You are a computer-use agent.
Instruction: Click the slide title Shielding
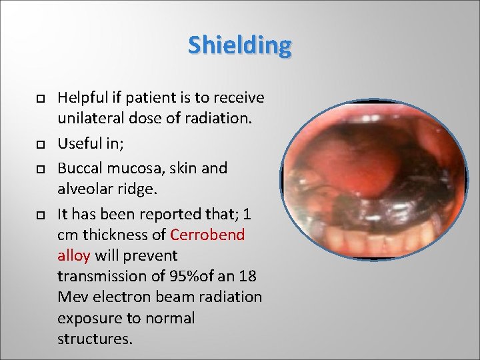[x=239, y=45]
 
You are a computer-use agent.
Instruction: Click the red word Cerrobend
[x=207, y=235]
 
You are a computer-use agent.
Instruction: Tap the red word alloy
[x=75, y=255]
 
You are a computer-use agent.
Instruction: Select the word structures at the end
[x=95, y=339]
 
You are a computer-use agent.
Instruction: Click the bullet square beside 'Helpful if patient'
[x=40, y=99]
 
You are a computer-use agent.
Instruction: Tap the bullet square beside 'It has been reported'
[x=40, y=214]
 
